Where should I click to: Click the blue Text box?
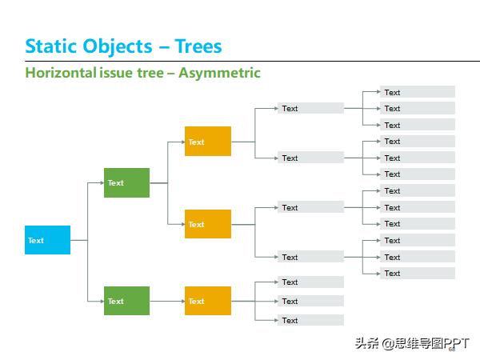click(47, 240)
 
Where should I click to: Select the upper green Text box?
click(126, 182)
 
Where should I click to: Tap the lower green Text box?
click(126, 301)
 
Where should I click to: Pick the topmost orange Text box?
click(207, 142)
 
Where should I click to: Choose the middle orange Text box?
click(207, 224)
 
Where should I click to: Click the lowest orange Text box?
click(207, 301)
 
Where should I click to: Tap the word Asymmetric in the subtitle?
click(219, 73)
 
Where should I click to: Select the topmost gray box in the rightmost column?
click(418, 92)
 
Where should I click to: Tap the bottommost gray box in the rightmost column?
click(418, 273)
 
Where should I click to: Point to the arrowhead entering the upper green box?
click(101, 182)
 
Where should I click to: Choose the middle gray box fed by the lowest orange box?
click(310, 301)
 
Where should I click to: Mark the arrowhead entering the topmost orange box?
click(182, 142)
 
